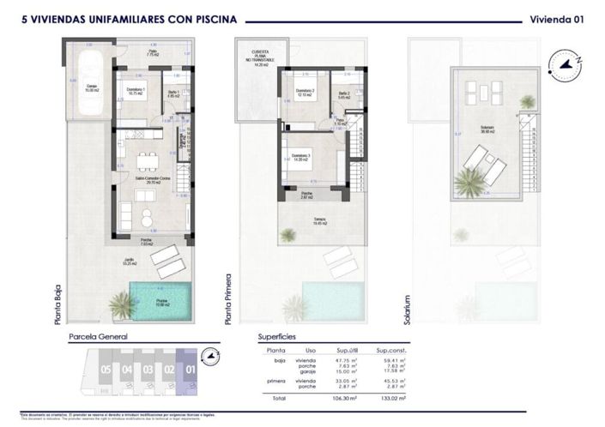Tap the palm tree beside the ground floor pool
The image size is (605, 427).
click(x=122, y=303)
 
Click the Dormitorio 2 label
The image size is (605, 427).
click(x=305, y=93)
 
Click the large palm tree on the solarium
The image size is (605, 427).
click(x=471, y=182)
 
